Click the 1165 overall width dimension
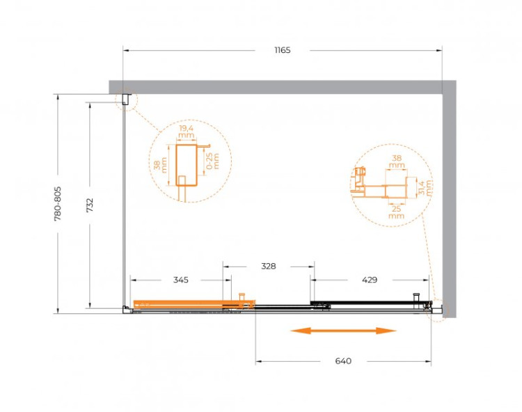point(282,50)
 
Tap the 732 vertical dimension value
point(90,205)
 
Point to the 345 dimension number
point(180,280)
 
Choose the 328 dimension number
point(268,266)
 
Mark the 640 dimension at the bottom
point(343,361)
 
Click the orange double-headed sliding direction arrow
point(343,331)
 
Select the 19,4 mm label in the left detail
point(186,132)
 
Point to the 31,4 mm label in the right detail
point(426,187)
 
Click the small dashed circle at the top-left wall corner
point(126,101)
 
